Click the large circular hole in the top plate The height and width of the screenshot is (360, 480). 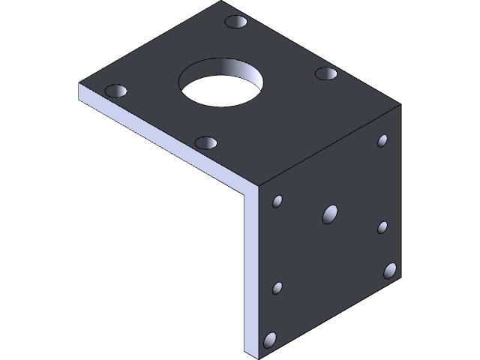click(x=222, y=84)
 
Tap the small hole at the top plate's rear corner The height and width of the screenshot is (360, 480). click(x=237, y=22)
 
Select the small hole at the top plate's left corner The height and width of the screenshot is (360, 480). click(x=116, y=91)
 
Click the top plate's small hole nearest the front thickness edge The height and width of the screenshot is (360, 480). click(x=205, y=142)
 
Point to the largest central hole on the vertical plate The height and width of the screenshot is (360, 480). click(x=330, y=214)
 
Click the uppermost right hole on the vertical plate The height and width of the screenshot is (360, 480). click(x=382, y=140)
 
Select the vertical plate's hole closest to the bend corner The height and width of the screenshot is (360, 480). click(x=278, y=201)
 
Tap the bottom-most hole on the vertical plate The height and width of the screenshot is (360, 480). click(x=270, y=340)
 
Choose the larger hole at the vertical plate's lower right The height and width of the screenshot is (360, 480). click(x=390, y=270)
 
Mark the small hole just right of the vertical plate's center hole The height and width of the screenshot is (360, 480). click(x=382, y=226)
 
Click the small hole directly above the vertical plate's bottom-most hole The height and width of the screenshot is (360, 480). click(x=277, y=288)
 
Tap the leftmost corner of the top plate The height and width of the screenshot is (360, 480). click(x=79, y=84)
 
